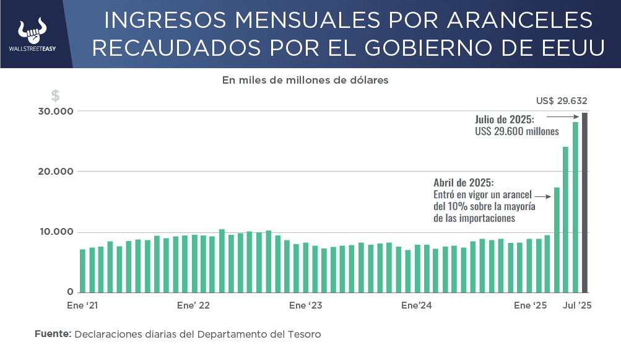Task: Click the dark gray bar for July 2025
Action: [x=584, y=202]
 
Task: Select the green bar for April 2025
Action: [x=557, y=239]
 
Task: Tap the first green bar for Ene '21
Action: [x=82, y=270]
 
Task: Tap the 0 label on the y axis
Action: [x=71, y=292]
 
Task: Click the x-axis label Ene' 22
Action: [x=193, y=305]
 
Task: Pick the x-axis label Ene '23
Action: [x=305, y=305]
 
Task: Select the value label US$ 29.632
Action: [x=562, y=101]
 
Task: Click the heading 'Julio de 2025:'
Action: [x=504, y=119]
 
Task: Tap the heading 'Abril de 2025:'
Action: [x=463, y=183]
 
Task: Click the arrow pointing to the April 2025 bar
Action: [x=542, y=195]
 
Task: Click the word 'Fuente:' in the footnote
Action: [x=53, y=334]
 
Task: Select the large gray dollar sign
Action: [x=56, y=95]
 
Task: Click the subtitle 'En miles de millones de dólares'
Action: [x=305, y=80]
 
